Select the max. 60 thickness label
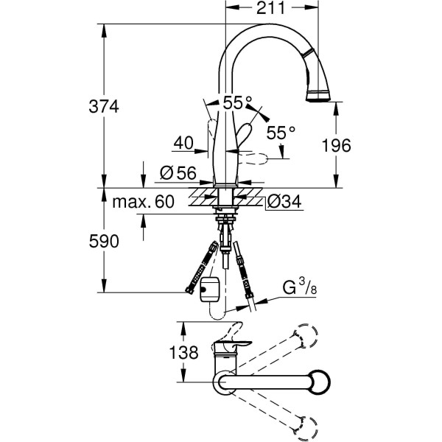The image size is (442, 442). pyautogui.click(x=144, y=202)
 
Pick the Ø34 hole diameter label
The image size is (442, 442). pyautogui.click(x=284, y=201)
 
